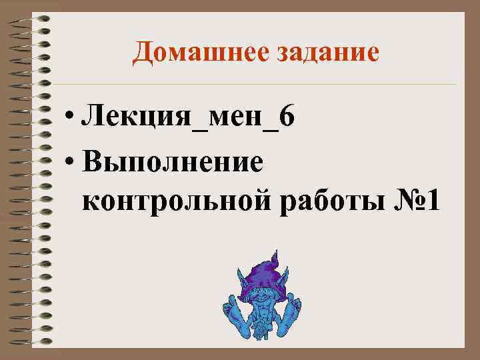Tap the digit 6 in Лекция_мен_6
coord(286,118)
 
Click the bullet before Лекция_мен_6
coord(70,120)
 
